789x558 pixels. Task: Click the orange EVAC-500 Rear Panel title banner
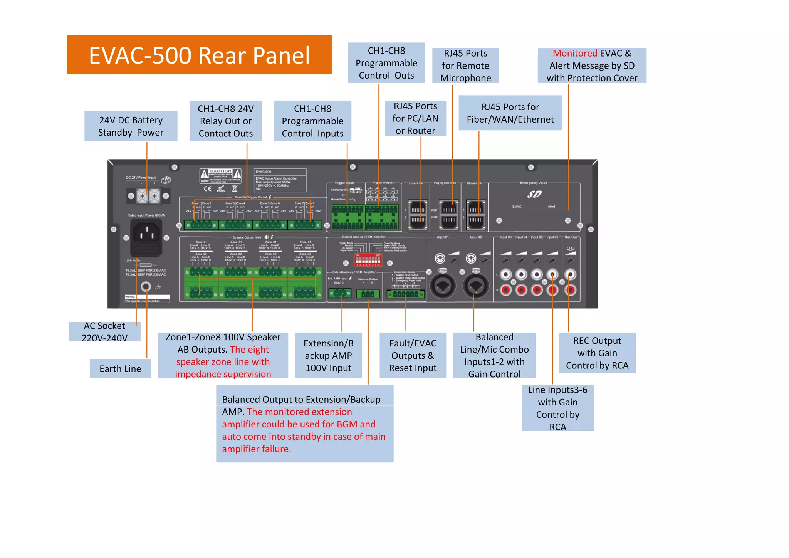199,55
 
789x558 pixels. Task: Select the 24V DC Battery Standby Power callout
131,126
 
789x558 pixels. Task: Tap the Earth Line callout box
120,369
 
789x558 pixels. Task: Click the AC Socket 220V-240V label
104,332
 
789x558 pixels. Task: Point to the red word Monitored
575,53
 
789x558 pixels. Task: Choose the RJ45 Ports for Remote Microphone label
465,66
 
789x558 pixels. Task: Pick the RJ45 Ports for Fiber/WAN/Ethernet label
510,113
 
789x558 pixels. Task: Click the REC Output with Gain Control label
597,353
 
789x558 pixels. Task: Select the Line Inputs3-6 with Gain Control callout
557,408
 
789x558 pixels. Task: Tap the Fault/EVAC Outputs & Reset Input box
413,355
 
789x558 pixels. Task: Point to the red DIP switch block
368,260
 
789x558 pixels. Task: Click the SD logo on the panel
534,194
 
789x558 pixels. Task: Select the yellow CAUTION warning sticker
220,176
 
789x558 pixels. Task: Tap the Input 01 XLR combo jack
443,286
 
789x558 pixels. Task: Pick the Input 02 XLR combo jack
476,286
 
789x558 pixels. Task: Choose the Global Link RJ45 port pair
476,215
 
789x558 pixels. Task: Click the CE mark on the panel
208,189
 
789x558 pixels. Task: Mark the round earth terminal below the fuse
146,287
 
